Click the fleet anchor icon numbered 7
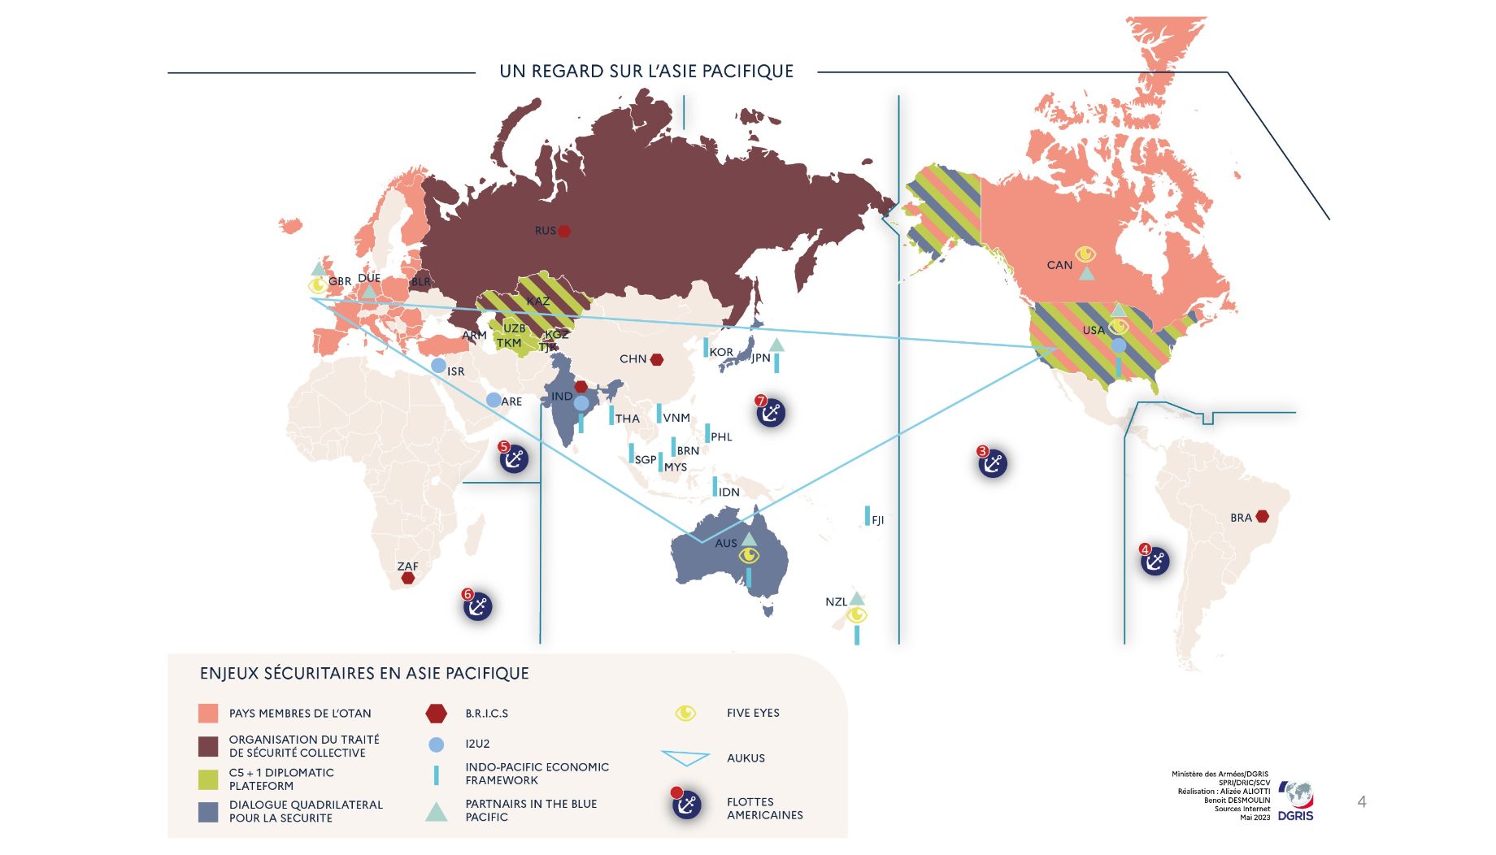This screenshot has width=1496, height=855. pyautogui.click(x=770, y=413)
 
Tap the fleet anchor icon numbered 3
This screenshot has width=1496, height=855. pyautogui.click(x=993, y=463)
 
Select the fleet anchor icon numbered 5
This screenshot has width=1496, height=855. pyautogui.click(x=514, y=459)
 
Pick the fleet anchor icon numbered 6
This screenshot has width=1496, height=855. pyautogui.click(x=478, y=606)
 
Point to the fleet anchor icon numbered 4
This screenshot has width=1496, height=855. pyautogui.click(x=1155, y=561)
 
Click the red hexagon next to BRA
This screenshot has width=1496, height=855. pyautogui.click(x=1262, y=517)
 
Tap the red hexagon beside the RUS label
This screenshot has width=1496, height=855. pyautogui.click(x=564, y=231)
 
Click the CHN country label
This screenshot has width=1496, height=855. pyautogui.click(x=633, y=358)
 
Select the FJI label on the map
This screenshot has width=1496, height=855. pyautogui.click(x=877, y=520)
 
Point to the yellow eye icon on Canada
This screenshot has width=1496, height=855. pyautogui.click(x=1085, y=254)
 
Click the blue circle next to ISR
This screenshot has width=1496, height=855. pyautogui.click(x=438, y=366)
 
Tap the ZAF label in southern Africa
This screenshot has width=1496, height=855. pyautogui.click(x=407, y=566)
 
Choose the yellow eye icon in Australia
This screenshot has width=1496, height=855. pyautogui.click(x=749, y=556)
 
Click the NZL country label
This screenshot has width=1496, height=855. pyautogui.click(x=836, y=602)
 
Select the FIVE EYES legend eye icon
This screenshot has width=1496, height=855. pyautogui.click(x=685, y=713)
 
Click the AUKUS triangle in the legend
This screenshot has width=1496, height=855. pyautogui.click(x=685, y=757)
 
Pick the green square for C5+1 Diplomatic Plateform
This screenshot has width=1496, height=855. pyautogui.click(x=208, y=779)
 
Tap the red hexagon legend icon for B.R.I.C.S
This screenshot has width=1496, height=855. pyautogui.click(x=437, y=714)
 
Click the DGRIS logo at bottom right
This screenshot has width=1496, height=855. pyautogui.click(x=1296, y=801)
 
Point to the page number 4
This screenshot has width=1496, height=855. pyautogui.click(x=1362, y=802)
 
